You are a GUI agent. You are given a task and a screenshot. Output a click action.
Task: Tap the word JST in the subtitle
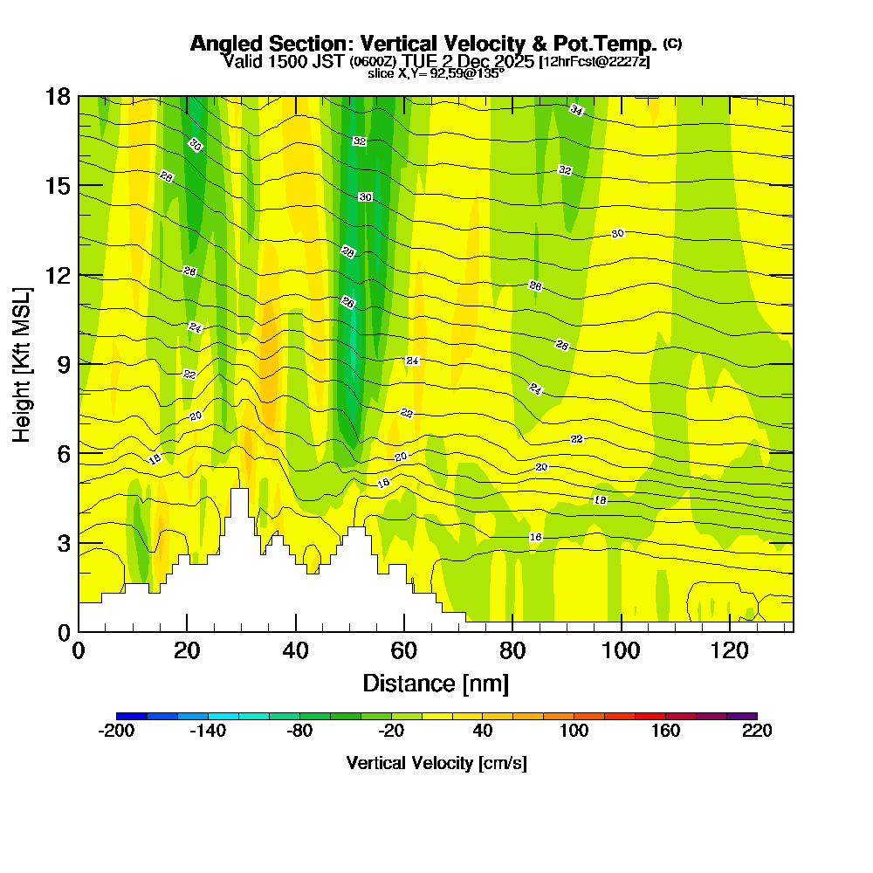click(328, 61)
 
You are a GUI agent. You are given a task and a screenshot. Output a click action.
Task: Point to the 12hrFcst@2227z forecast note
click(595, 62)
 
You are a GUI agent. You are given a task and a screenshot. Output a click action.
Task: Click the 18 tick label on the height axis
click(58, 96)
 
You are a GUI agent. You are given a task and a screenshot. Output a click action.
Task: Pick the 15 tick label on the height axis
click(58, 186)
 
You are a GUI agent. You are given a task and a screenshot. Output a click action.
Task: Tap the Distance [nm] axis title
click(436, 683)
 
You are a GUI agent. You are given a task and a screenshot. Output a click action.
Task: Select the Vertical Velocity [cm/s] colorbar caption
click(436, 763)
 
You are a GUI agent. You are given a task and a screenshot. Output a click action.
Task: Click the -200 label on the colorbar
click(116, 731)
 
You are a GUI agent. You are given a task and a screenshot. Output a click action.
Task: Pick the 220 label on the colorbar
click(756, 731)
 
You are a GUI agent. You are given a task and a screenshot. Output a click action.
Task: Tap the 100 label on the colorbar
click(574, 731)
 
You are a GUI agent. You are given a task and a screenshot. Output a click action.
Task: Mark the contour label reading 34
click(576, 109)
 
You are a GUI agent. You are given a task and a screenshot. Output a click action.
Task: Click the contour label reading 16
click(536, 537)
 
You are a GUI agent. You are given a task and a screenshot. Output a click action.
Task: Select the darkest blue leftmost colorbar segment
click(131, 716)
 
